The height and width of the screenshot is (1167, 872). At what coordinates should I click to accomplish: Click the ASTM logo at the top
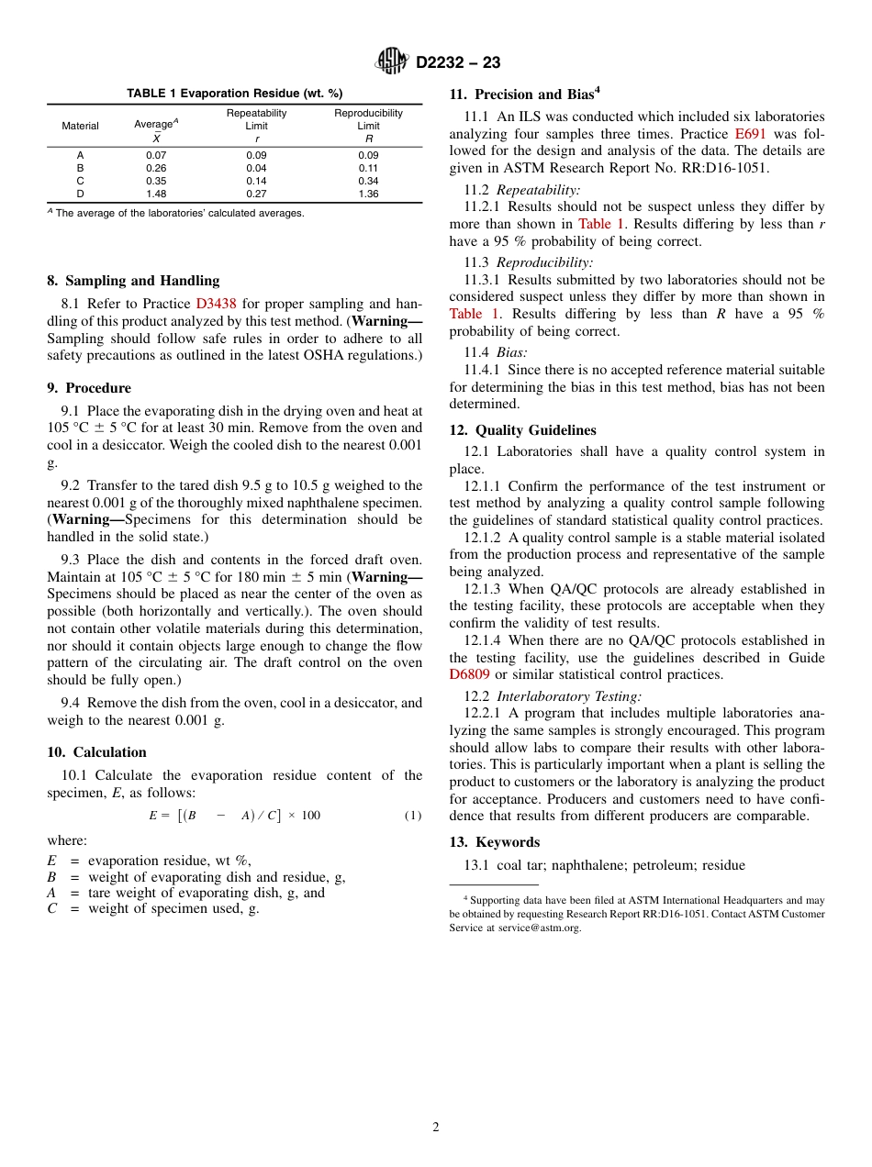coord(392,62)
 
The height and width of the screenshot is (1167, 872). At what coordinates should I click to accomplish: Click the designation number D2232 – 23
coord(458,63)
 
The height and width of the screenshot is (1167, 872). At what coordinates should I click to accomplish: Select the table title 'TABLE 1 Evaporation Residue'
coord(234,94)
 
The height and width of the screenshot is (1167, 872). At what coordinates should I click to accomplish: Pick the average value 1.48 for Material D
coord(156,194)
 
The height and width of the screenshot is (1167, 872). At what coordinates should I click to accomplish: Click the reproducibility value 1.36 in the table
coord(368,194)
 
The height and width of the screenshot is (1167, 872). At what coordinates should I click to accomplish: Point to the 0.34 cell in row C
coord(368,181)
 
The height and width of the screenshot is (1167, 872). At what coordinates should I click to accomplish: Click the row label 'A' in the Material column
coord(80,155)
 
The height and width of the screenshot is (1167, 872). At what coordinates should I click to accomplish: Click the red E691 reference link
coord(750,134)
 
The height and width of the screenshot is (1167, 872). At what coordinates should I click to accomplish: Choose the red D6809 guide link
coord(469,674)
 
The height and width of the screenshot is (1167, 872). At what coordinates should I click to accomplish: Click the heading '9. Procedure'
coord(89,388)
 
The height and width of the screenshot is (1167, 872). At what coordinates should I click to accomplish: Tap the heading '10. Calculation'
coord(96,752)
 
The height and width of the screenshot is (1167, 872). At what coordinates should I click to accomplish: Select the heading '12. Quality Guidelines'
coord(522,430)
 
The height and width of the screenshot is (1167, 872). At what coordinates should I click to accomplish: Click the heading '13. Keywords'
coord(494,842)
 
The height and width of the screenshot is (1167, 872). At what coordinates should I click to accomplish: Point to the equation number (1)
coord(413,816)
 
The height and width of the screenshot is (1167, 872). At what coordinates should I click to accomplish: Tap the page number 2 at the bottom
coord(436,1128)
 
